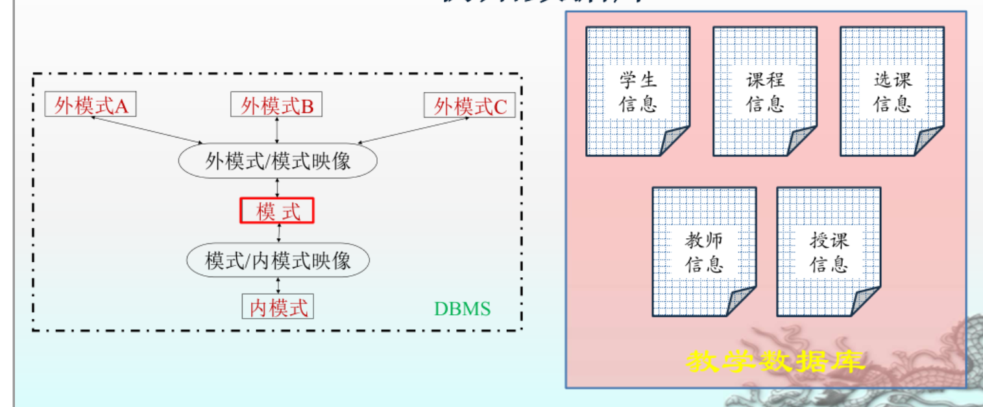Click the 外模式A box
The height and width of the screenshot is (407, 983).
(x=90, y=105)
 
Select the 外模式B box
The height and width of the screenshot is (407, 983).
(x=276, y=105)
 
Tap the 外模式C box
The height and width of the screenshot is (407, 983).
(x=470, y=106)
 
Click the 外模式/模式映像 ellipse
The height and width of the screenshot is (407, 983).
(x=278, y=161)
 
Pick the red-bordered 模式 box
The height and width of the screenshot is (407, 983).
(x=277, y=211)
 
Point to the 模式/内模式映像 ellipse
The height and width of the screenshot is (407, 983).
(x=278, y=261)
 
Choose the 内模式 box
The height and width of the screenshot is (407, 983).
(x=278, y=306)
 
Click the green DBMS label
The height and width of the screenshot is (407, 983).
(x=462, y=308)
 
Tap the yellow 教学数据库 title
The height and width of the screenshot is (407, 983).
(x=775, y=361)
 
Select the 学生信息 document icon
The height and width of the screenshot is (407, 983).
(x=638, y=92)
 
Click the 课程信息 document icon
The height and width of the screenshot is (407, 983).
(x=765, y=92)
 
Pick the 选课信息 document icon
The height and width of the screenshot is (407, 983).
(x=892, y=92)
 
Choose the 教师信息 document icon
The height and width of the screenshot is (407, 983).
(x=704, y=252)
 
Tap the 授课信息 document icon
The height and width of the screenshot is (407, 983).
(x=829, y=252)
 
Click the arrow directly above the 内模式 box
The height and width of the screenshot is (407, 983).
(x=278, y=285)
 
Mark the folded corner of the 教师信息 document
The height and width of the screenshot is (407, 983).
(x=742, y=302)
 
